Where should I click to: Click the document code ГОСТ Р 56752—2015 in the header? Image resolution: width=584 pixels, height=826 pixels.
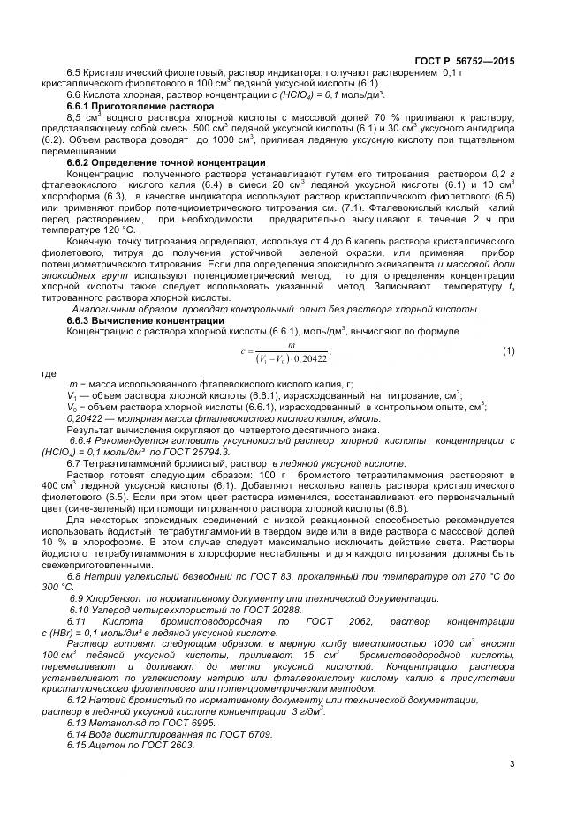465,60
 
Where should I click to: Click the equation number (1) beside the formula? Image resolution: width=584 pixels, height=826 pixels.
508,351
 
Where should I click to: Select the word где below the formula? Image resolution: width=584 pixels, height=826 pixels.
49,374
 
